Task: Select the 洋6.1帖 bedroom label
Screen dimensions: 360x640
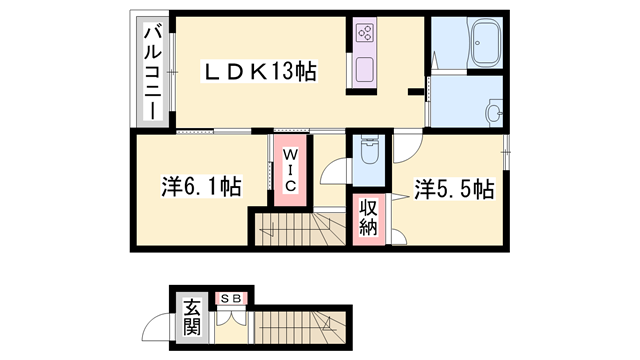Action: click(201, 187)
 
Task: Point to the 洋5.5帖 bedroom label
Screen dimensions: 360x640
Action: click(454, 187)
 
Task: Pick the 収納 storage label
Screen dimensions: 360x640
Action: click(368, 217)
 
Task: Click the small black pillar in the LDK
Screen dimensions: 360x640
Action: click(414, 92)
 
